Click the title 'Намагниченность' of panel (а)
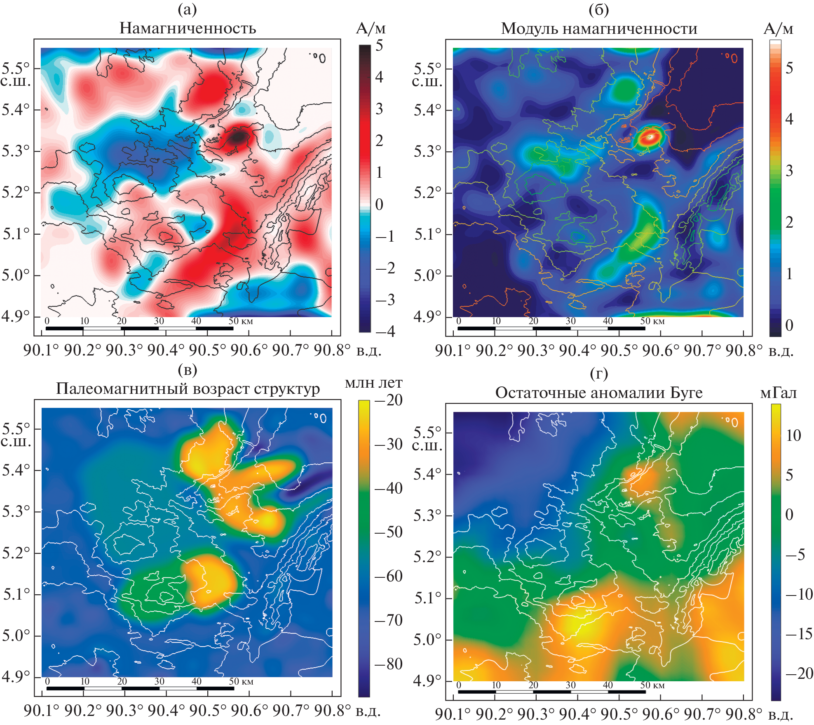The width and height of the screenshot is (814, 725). point(188,28)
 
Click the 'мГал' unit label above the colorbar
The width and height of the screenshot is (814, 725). point(778,393)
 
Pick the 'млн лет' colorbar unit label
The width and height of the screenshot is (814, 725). point(373,383)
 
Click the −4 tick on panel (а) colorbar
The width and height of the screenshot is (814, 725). point(385,331)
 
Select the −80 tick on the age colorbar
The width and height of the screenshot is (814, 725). point(388,664)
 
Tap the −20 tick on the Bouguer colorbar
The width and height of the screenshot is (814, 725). point(799,673)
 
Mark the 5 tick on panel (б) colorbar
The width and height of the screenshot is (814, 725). point(789,68)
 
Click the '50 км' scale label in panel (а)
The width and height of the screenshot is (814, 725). point(241,321)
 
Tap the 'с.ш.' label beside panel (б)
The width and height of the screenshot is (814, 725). point(427,82)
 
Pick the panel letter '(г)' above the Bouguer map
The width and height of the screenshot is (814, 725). point(598,373)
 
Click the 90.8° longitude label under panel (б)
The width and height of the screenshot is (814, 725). point(744,351)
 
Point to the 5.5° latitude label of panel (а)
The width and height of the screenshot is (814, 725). point(15,67)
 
